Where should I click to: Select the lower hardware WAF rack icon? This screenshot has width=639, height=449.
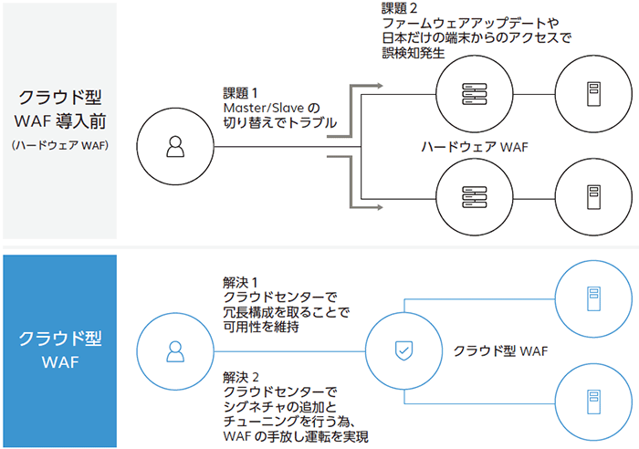pos(473,195)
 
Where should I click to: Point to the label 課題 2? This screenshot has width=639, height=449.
pos(401,8)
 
